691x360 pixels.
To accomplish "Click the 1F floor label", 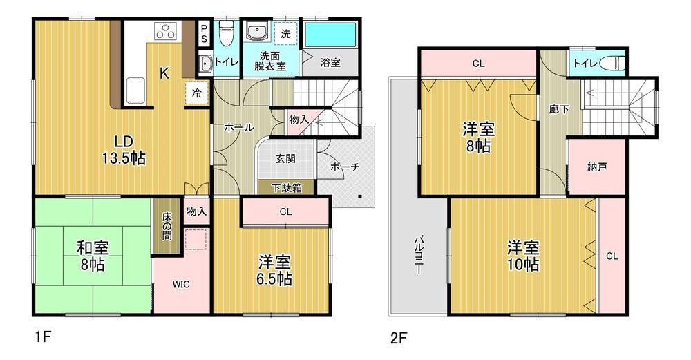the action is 43,337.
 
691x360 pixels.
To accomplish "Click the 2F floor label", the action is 398,339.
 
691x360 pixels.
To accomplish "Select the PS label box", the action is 204,33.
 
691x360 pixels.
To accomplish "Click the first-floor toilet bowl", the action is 226,33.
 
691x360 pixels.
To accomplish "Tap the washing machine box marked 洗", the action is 285,33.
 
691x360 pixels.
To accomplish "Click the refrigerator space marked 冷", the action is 196,93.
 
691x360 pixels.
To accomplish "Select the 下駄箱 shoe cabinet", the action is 287,188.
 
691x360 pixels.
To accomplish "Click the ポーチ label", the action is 345,167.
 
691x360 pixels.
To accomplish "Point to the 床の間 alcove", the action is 167,227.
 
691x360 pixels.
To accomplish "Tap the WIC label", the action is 181,284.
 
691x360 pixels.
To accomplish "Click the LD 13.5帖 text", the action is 124,150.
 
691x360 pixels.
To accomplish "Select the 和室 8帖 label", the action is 93,256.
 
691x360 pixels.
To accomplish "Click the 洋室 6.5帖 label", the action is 274,270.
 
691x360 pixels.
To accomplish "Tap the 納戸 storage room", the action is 597,167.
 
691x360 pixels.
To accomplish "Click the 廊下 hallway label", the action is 559,109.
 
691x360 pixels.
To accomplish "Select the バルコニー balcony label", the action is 418,256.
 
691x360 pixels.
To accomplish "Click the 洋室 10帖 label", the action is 523,256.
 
